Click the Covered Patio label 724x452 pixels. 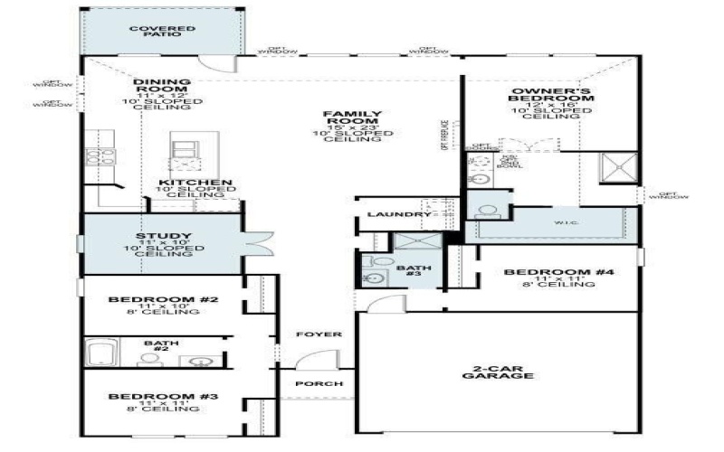162,33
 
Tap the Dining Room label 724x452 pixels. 163,88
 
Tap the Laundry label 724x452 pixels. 398,215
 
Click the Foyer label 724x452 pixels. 320,334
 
